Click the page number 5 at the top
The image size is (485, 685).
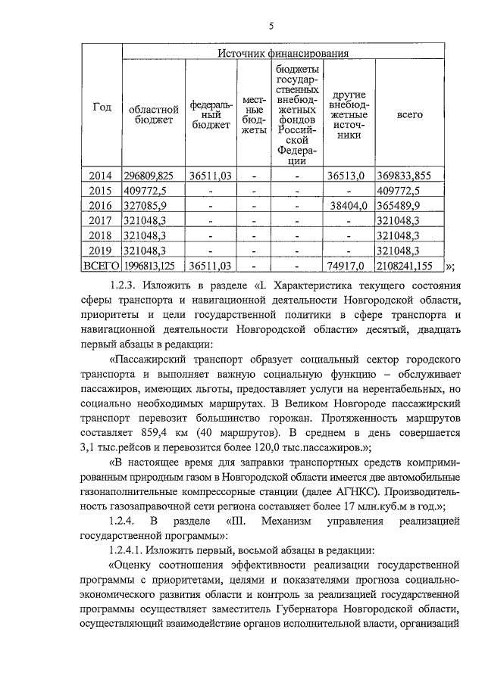(x=270, y=26)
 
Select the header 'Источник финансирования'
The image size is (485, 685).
(x=283, y=54)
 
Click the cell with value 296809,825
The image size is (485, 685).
(x=155, y=175)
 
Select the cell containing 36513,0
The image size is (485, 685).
(x=346, y=175)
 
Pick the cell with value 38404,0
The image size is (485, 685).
(x=346, y=205)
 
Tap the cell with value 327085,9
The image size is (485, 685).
(x=150, y=205)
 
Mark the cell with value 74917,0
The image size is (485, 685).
(x=346, y=266)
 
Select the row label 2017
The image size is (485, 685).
(x=102, y=220)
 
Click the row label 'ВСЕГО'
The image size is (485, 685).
(x=102, y=266)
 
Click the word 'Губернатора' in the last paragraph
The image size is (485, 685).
(x=318, y=609)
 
